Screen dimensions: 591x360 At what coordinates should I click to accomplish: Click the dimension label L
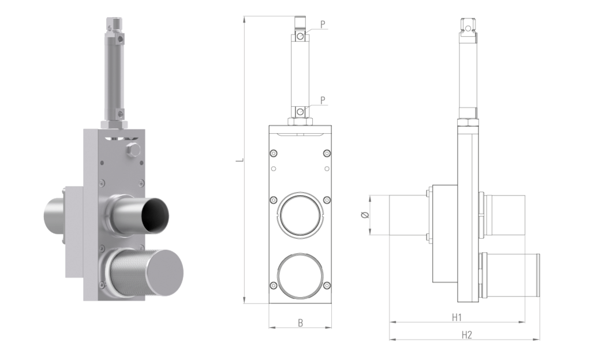tap(240, 160)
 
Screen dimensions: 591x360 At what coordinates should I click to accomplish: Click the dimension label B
tap(300, 322)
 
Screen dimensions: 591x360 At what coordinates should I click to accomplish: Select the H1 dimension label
tap(457, 317)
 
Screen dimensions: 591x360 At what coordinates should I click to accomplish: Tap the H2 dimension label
tap(466, 335)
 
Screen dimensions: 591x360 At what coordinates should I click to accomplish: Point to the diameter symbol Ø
tap(365, 215)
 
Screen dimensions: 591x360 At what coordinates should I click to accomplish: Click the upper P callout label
tap(323, 24)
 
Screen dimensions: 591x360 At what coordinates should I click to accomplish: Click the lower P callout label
tap(323, 100)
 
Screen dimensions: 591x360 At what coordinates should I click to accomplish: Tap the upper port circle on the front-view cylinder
tap(300, 36)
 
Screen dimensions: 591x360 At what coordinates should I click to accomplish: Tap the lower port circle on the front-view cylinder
tap(300, 112)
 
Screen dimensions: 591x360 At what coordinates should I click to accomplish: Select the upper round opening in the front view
tap(300, 214)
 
